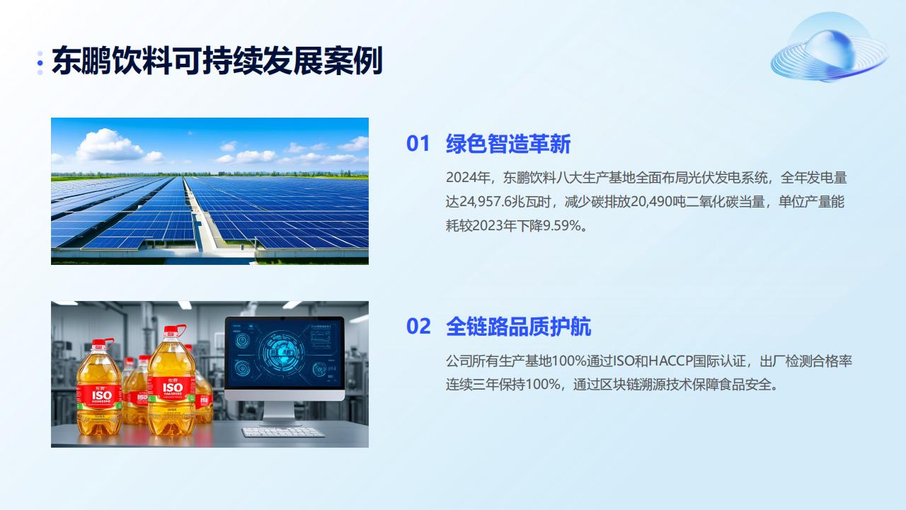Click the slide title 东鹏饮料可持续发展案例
[217, 61]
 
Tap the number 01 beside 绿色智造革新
[418, 144]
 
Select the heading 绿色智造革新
[508, 144]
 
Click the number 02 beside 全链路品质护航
[418, 327]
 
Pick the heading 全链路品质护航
[519, 327]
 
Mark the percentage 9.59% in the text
[561, 225]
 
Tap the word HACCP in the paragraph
[670, 361]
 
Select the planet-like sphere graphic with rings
[829, 47]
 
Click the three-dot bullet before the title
[40, 63]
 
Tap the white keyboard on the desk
[283, 432]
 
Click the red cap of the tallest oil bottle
[173, 331]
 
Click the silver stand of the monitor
[279, 413]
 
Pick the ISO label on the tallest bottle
[173, 387]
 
